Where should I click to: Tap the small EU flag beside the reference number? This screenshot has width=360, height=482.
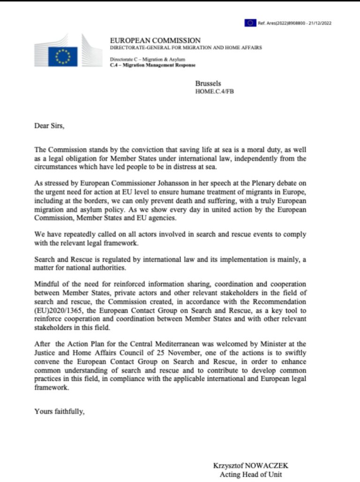[x=250, y=22]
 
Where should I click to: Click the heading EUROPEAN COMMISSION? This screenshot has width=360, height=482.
[x=155, y=40]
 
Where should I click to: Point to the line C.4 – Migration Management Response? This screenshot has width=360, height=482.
[x=152, y=65]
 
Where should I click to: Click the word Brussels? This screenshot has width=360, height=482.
[x=208, y=83]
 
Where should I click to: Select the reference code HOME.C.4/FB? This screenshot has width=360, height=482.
[x=214, y=91]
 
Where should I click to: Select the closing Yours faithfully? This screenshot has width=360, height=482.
[x=60, y=411]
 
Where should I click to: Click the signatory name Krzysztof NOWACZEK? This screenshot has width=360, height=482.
[x=251, y=466]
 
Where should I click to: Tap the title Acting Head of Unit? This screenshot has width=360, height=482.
[x=251, y=474]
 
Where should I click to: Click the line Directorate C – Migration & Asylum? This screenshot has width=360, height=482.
[x=147, y=59]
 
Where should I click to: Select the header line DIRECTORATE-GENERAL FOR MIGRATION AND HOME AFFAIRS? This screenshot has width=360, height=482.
[x=186, y=48]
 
